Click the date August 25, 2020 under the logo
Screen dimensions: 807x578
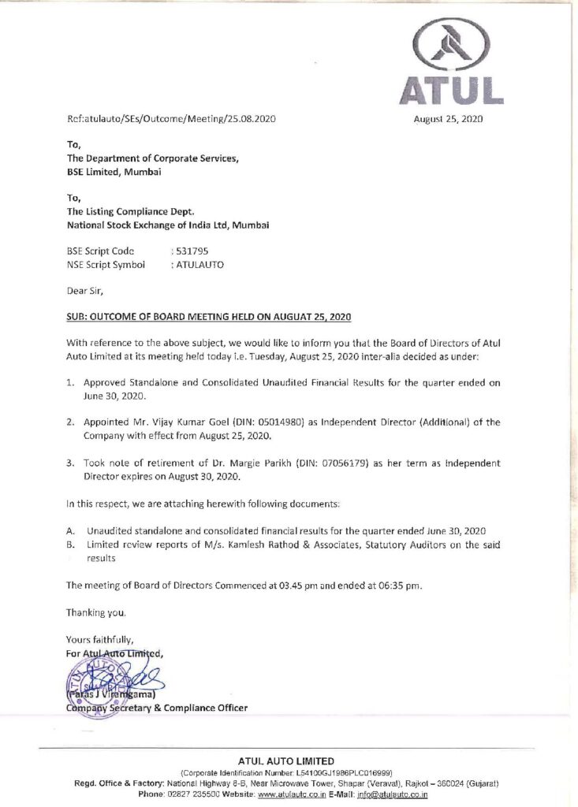pyautogui.click(x=448, y=120)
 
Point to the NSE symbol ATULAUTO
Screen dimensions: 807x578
pyautogui.click(x=199, y=265)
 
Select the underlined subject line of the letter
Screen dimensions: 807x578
pyautogui.click(x=209, y=317)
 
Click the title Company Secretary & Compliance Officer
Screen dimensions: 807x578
pyautogui.click(x=156, y=708)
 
